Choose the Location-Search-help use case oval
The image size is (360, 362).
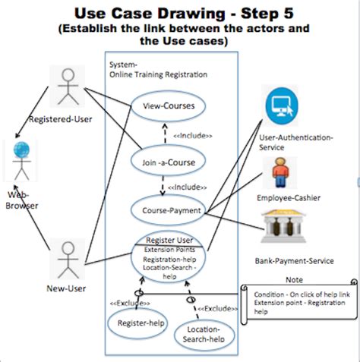click(204, 334)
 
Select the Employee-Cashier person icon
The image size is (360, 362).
click(281, 172)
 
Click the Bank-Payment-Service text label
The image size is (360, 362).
click(294, 261)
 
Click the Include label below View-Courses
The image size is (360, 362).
click(193, 136)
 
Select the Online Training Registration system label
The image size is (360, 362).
click(158, 74)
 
